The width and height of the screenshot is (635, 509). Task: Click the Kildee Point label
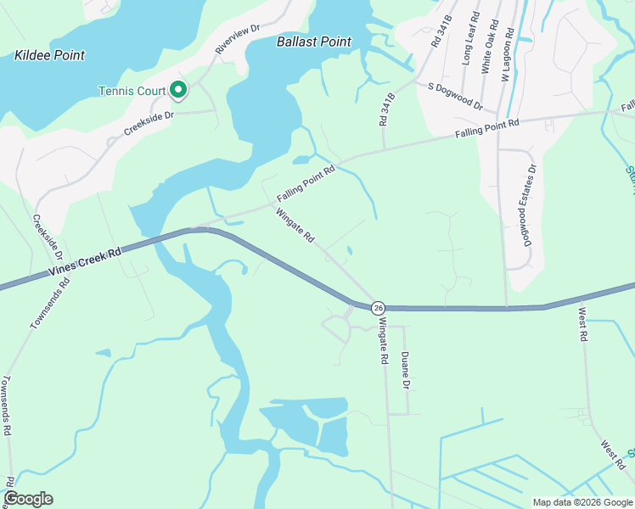pos(50,55)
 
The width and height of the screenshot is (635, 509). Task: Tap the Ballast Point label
pos(314,41)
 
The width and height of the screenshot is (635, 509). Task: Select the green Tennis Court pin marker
pos(178,89)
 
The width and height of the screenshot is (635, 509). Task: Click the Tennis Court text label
pos(132,91)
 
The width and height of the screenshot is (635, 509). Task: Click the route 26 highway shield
pos(379,307)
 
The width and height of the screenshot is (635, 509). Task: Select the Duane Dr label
pos(406,371)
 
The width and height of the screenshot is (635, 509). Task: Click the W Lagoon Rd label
pos(506,54)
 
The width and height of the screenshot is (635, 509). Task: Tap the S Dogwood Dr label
pos(455,97)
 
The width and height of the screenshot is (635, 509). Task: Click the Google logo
pos(28,499)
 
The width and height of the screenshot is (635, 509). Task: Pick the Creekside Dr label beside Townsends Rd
pos(48,237)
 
